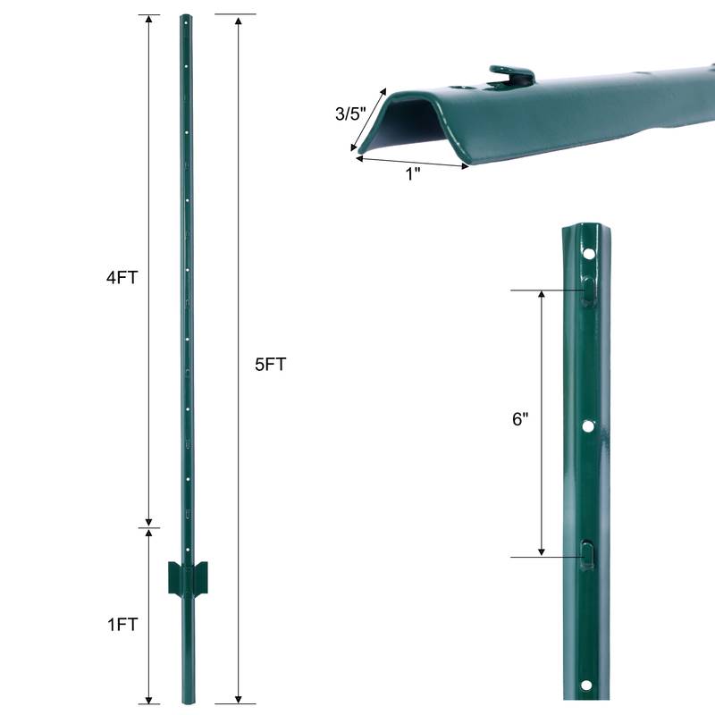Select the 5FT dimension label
[269, 364]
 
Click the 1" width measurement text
[412, 174]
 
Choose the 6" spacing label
[521, 420]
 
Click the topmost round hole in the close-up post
[590, 255]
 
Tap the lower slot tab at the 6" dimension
[586, 555]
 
